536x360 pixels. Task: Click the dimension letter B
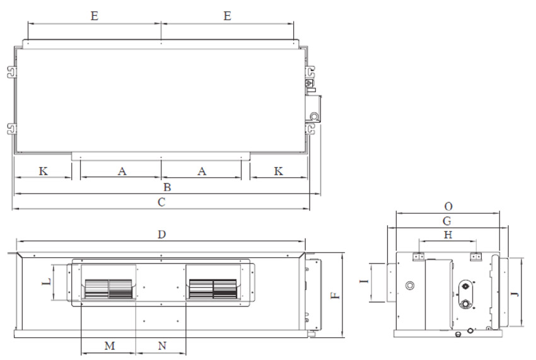tap(167, 187)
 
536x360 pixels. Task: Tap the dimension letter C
tap(161, 202)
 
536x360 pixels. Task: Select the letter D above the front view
tap(161, 235)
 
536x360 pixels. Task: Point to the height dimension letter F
tap(336, 296)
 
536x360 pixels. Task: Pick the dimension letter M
tap(110, 346)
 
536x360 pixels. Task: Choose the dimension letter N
tap(162, 346)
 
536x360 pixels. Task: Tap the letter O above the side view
tap(448, 207)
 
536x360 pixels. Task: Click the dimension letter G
tap(447, 221)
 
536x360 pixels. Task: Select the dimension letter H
tap(448, 235)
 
